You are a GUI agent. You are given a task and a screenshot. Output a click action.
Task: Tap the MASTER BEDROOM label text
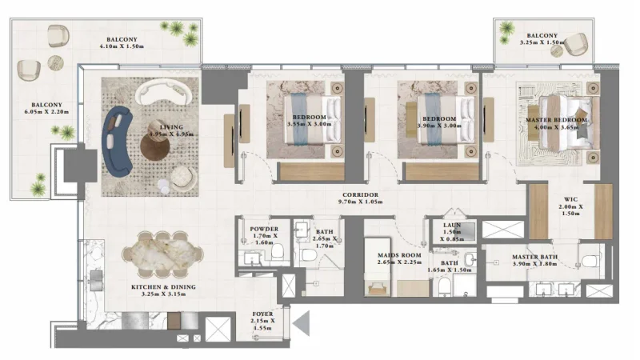tap(556, 120)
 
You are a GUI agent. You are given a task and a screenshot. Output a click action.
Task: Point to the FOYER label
tap(262, 314)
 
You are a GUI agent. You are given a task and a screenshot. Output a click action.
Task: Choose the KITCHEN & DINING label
tap(163, 286)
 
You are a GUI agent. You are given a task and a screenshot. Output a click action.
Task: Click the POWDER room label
tap(263, 230)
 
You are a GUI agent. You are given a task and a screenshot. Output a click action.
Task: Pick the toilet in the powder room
tap(278, 253)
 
